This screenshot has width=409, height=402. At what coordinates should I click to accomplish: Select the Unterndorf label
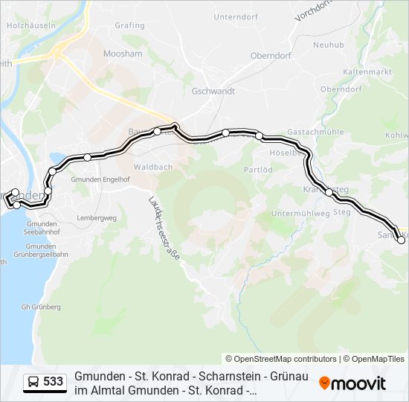click(x=234, y=16)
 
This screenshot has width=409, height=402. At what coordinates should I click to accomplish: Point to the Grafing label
click(x=129, y=25)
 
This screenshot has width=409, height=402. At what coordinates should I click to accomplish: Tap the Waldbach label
click(x=152, y=167)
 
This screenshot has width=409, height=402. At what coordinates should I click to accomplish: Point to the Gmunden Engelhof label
click(x=100, y=179)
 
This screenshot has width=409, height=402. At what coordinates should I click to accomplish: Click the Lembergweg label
click(x=97, y=218)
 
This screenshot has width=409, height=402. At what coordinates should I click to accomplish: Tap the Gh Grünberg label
click(x=41, y=307)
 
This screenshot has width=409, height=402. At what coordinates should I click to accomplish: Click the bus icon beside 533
click(x=33, y=383)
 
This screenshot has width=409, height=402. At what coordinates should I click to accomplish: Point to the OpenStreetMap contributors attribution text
click(x=280, y=359)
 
